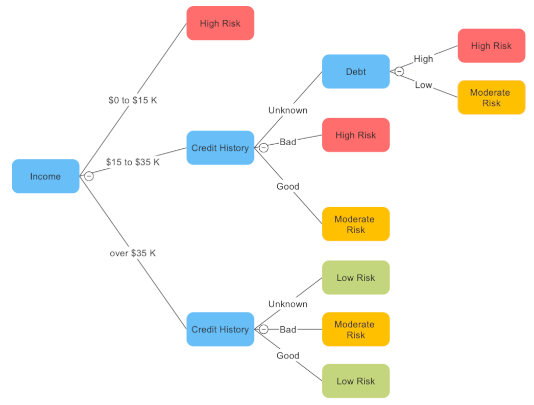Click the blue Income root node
tap(45, 176)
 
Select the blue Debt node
tap(356, 72)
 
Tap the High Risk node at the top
tap(220, 24)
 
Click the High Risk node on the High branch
tap(491, 46)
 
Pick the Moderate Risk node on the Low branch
tap(491, 98)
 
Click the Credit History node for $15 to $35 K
tap(220, 148)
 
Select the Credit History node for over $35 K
tap(220, 329)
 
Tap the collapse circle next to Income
tap(89, 176)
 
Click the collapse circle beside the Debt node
tap(399, 72)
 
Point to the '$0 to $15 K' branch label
tap(133, 100)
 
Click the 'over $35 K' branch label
tap(133, 253)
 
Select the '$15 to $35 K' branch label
tap(133, 162)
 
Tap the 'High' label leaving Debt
tap(423, 59)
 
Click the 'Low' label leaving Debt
tap(423, 85)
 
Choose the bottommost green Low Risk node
tap(356, 381)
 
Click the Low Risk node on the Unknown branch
tap(356, 278)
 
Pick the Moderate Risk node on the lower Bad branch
tap(356, 329)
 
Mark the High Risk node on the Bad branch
tap(356, 135)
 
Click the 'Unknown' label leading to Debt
tap(288, 110)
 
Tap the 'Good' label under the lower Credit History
tap(288, 356)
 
